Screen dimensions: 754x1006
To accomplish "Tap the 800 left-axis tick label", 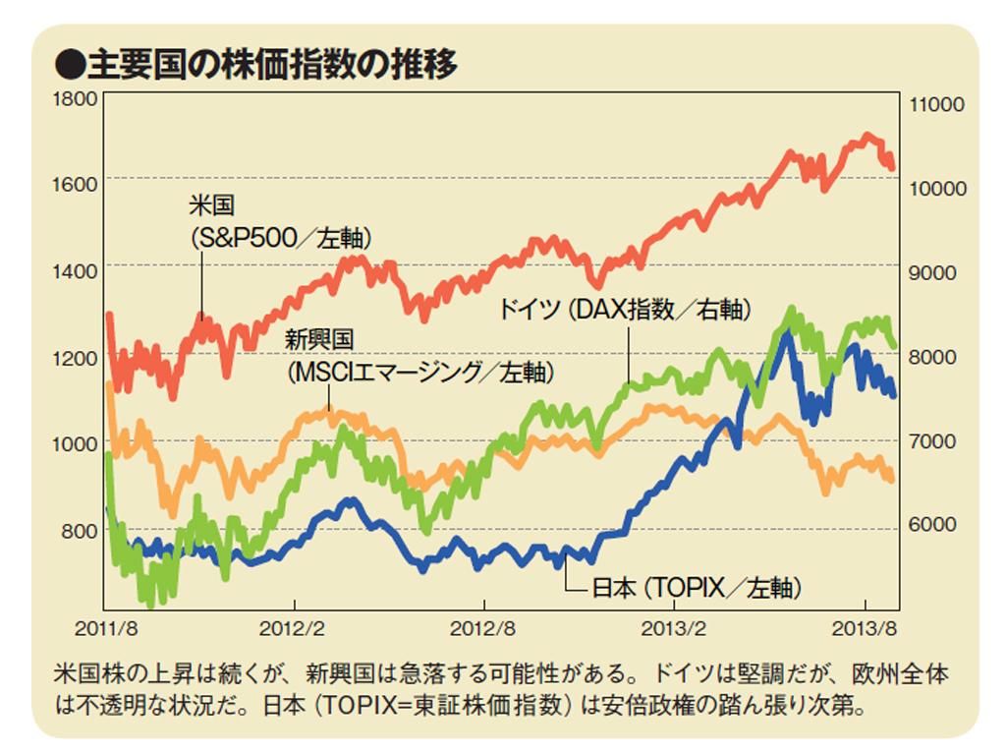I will pyautogui.click(x=82, y=531).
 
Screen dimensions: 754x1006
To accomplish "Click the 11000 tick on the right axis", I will pyautogui.click(x=938, y=104).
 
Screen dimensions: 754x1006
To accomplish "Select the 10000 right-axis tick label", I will pyautogui.click(x=938, y=188).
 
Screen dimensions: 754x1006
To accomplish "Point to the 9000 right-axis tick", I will pyautogui.click(x=934, y=272).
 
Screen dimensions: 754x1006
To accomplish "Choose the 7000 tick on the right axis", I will pyautogui.click(x=934, y=440).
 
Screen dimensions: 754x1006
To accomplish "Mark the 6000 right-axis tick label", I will pyautogui.click(x=934, y=525).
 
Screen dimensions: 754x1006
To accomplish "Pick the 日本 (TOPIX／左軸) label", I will pyautogui.click(x=698, y=588).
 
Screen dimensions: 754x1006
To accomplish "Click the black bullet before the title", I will pyautogui.click(x=71, y=66).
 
